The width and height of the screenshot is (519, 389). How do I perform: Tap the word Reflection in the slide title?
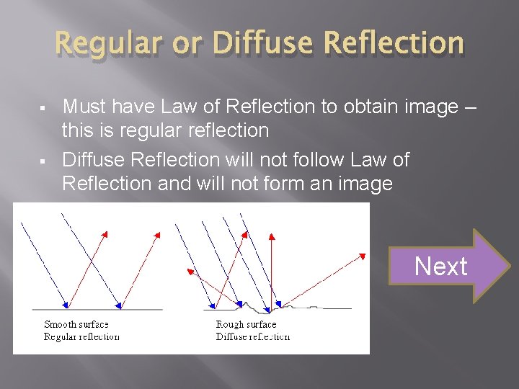[394, 43]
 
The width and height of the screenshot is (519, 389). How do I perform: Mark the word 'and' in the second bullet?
[174, 184]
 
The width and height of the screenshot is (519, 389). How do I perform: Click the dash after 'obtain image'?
[470, 107]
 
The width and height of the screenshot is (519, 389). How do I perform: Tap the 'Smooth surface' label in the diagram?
[76, 325]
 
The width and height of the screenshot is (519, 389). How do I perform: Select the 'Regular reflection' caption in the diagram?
[81, 336]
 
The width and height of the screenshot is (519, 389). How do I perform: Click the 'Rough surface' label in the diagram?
[246, 325]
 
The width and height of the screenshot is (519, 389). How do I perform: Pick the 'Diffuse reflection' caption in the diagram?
[252, 336]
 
